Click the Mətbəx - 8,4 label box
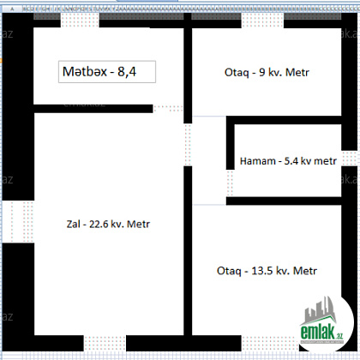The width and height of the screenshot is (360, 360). click(107, 72)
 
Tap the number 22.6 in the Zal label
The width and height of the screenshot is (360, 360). click(99, 224)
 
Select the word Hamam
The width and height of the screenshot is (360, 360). click(258, 161)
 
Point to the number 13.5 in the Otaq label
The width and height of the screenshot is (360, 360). click(261, 271)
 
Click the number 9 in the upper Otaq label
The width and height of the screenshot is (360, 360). click(262, 72)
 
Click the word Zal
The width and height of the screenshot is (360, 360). click(74, 224)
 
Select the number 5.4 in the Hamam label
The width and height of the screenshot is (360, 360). click(291, 161)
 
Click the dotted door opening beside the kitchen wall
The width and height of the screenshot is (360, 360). click(168, 109)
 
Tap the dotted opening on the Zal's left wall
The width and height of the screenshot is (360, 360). click(18, 221)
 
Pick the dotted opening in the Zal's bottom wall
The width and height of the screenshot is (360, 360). click(105, 344)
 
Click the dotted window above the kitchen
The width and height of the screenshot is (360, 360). click(80, 21)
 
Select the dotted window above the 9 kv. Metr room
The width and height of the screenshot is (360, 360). click(262, 21)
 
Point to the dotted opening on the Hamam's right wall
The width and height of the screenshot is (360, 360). click(349, 159)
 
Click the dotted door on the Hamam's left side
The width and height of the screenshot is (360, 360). click(230, 183)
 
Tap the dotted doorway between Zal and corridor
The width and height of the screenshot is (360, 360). click(188, 145)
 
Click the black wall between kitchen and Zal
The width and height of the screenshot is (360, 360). click(93, 109)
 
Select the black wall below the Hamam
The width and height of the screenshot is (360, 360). click(284, 201)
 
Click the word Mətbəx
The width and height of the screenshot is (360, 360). click(85, 72)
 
